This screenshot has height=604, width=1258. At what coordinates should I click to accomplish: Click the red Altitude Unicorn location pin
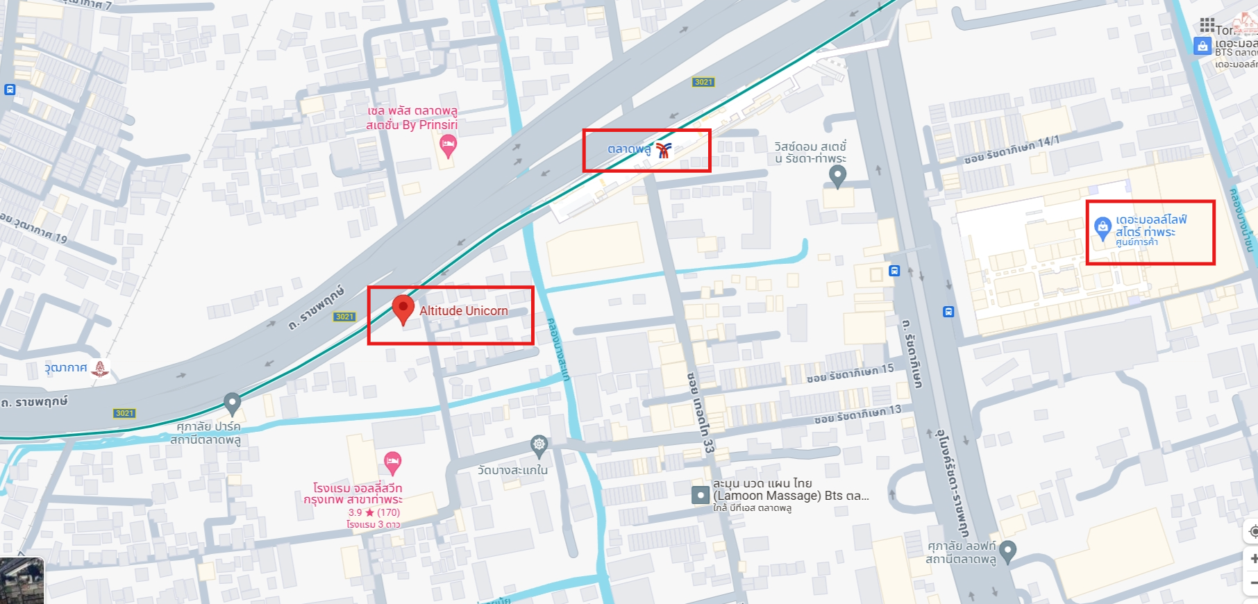click(x=403, y=308)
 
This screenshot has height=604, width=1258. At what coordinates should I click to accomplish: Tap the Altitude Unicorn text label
click(x=464, y=311)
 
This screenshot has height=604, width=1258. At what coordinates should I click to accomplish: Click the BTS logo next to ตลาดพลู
click(x=664, y=149)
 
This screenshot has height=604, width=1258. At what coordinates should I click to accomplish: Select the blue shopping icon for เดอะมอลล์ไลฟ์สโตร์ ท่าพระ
click(x=1102, y=227)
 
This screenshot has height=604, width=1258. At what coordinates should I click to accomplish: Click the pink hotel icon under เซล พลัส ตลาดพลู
click(x=448, y=146)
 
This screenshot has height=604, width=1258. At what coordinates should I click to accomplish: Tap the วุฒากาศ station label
click(x=66, y=367)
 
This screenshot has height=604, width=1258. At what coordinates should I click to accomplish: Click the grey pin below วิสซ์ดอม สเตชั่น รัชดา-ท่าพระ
click(x=838, y=176)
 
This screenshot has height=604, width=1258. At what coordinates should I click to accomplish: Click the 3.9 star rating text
click(x=374, y=512)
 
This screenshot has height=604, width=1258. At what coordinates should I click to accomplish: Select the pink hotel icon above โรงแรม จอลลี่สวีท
click(x=392, y=462)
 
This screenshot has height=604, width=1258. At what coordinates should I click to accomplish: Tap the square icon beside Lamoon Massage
click(x=701, y=495)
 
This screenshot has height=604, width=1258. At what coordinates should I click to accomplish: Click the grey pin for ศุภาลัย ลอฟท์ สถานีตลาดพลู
click(x=1008, y=551)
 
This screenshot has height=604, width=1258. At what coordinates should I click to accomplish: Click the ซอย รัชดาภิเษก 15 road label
click(x=850, y=374)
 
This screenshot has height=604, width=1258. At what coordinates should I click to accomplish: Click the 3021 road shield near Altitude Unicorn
click(x=345, y=317)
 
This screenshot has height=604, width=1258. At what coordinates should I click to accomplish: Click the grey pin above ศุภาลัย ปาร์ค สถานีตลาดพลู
click(x=232, y=403)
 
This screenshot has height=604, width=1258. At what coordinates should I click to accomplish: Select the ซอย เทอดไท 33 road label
click(x=699, y=413)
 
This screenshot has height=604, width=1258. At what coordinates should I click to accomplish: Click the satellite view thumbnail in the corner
click(x=22, y=580)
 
